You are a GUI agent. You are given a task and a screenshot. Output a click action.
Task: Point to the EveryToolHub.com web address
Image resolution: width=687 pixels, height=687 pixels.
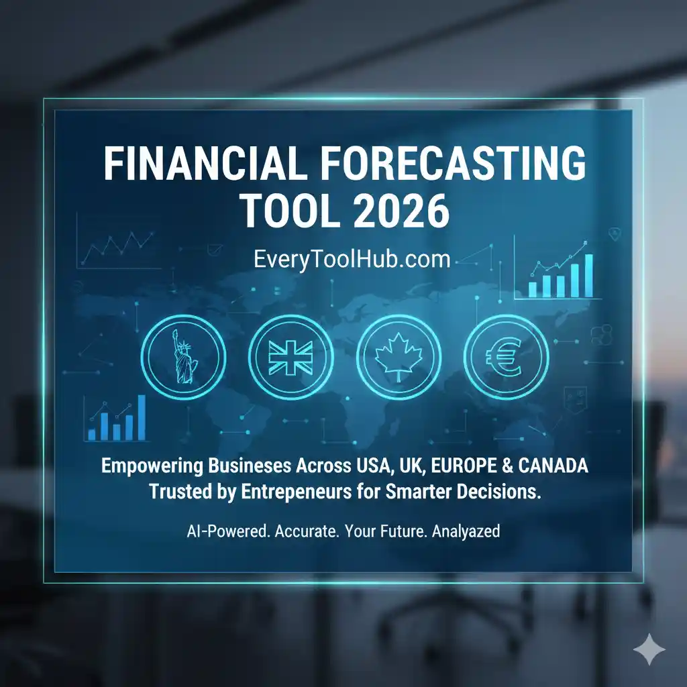pyautogui.click(x=343, y=260)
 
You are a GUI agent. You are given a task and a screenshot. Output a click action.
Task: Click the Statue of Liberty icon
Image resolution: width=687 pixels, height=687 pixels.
pyautogui.click(x=181, y=358)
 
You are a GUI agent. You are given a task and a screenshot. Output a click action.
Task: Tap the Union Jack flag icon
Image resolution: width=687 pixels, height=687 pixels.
pyautogui.click(x=290, y=358)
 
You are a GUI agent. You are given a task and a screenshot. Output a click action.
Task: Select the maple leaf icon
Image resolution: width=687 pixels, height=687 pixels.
pyautogui.click(x=399, y=358)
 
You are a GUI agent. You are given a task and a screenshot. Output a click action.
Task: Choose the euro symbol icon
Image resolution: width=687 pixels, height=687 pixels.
pyautogui.click(x=507, y=358)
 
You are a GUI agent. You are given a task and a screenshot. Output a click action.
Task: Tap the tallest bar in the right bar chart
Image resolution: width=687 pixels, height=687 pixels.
pyautogui.click(x=588, y=275)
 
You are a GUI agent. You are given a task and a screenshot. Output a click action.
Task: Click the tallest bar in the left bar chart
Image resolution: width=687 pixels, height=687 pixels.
pyautogui.click(x=142, y=417)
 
